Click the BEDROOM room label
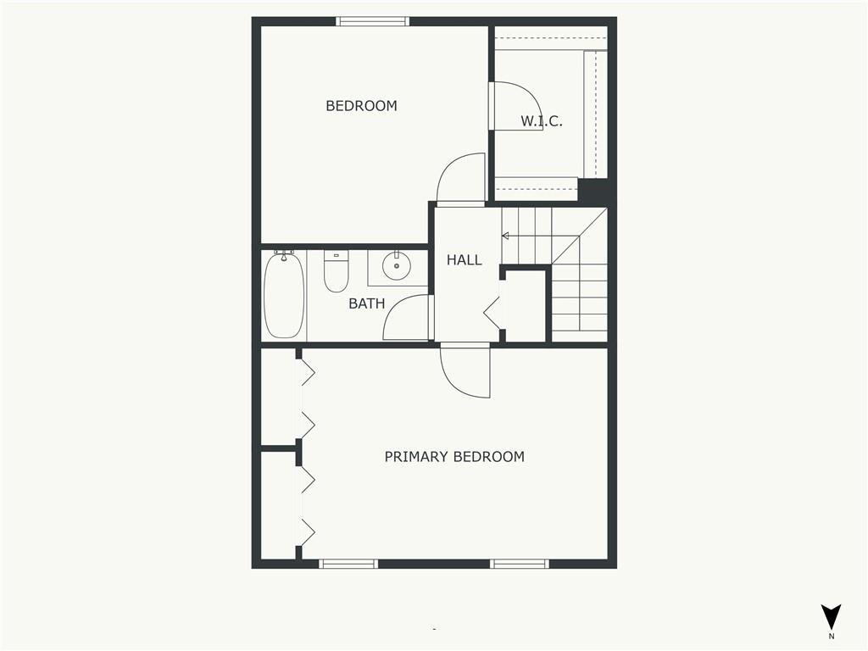tap(361, 106)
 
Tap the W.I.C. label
tap(542, 121)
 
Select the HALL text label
tap(464, 259)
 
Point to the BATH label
tap(366, 303)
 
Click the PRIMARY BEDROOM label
tap(454, 457)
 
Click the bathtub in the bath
tap(283, 294)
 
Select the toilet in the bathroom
tap(336, 271)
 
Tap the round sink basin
tap(397, 265)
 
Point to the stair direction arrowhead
tap(505, 236)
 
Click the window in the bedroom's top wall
tap(373, 21)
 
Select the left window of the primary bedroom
tap(348, 564)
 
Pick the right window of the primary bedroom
tap(520, 564)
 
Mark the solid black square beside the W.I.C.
tap(593, 191)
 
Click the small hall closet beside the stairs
tap(526, 305)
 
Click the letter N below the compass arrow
tap(831, 637)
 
